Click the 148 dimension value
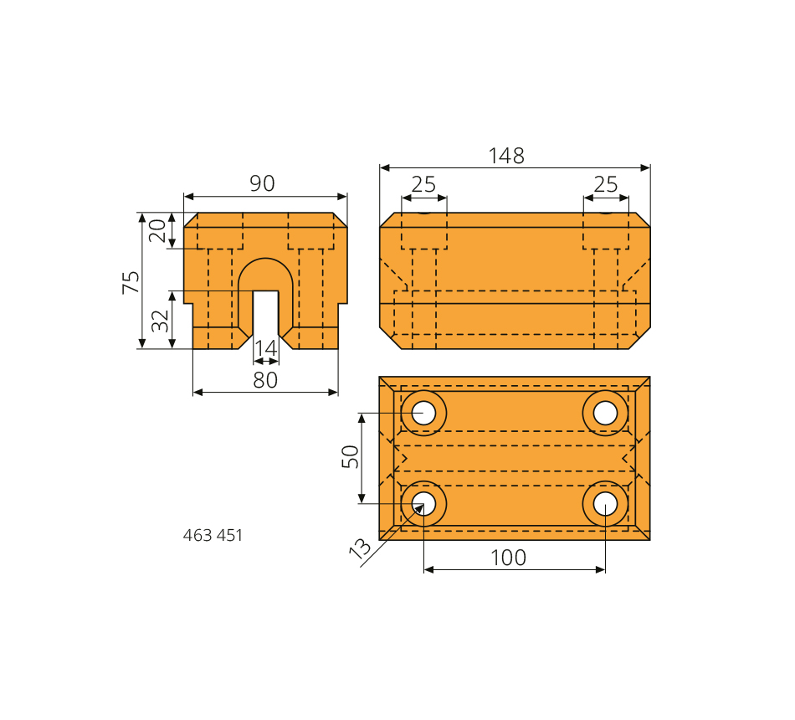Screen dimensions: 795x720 tap(506, 156)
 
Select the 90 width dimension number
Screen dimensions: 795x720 tap(262, 183)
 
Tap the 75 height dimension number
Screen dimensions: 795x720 tap(131, 282)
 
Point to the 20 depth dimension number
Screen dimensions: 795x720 tap(157, 231)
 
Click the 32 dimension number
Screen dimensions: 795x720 tap(161, 321)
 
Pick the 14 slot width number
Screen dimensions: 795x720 tap(265, 348)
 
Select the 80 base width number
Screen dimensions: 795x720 tap(265, 380)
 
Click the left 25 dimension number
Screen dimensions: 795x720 tap(423, 185)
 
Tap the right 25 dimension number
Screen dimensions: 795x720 tap(605, 185)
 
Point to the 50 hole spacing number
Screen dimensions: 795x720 tap(351, 456)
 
